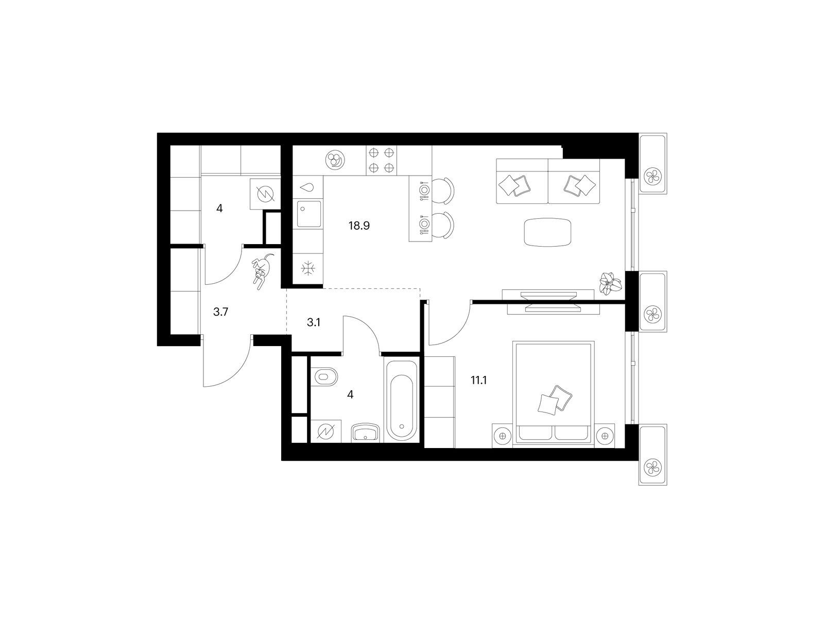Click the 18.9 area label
(359, 226)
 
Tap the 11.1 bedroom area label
(478, 381)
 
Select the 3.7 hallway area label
(221, 312)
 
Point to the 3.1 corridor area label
(314, 322)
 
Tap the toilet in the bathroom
(325, 376)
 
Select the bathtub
(402, 400)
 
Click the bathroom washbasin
(365, 433)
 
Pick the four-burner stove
(381, 160)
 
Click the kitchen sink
(310, 214)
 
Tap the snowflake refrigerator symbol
(308, 269)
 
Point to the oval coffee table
(547, 232)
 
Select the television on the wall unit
(552, 301)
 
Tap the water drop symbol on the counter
(307, 187)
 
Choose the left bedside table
(502, 436)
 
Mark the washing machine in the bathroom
(326, 432)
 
